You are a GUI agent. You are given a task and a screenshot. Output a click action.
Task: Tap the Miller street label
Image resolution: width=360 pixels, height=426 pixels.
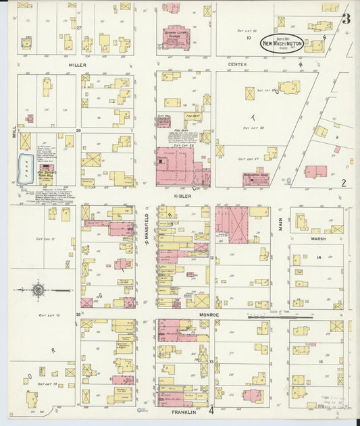tap(78, 64)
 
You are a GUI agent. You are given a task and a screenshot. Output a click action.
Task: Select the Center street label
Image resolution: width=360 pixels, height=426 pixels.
tap(237, 64)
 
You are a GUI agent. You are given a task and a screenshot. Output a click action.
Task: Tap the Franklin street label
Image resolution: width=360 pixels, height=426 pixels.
tap(183, 411)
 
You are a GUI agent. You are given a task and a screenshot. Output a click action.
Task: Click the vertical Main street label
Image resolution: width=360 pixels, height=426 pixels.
tap(280, 223)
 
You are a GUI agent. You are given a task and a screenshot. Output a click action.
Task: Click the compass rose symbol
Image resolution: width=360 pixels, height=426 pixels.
tap(37, 290)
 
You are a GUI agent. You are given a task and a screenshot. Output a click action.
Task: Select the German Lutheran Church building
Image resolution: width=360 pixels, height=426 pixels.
tap(178, 37)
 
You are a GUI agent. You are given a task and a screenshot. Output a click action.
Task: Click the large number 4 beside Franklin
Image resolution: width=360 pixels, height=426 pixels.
tap(211, 409)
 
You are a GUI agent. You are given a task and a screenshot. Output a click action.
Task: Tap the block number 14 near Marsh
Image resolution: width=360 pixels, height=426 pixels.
tap(317, 257)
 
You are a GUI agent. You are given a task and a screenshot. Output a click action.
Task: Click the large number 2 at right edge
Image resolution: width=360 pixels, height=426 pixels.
tap(343, 182)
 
